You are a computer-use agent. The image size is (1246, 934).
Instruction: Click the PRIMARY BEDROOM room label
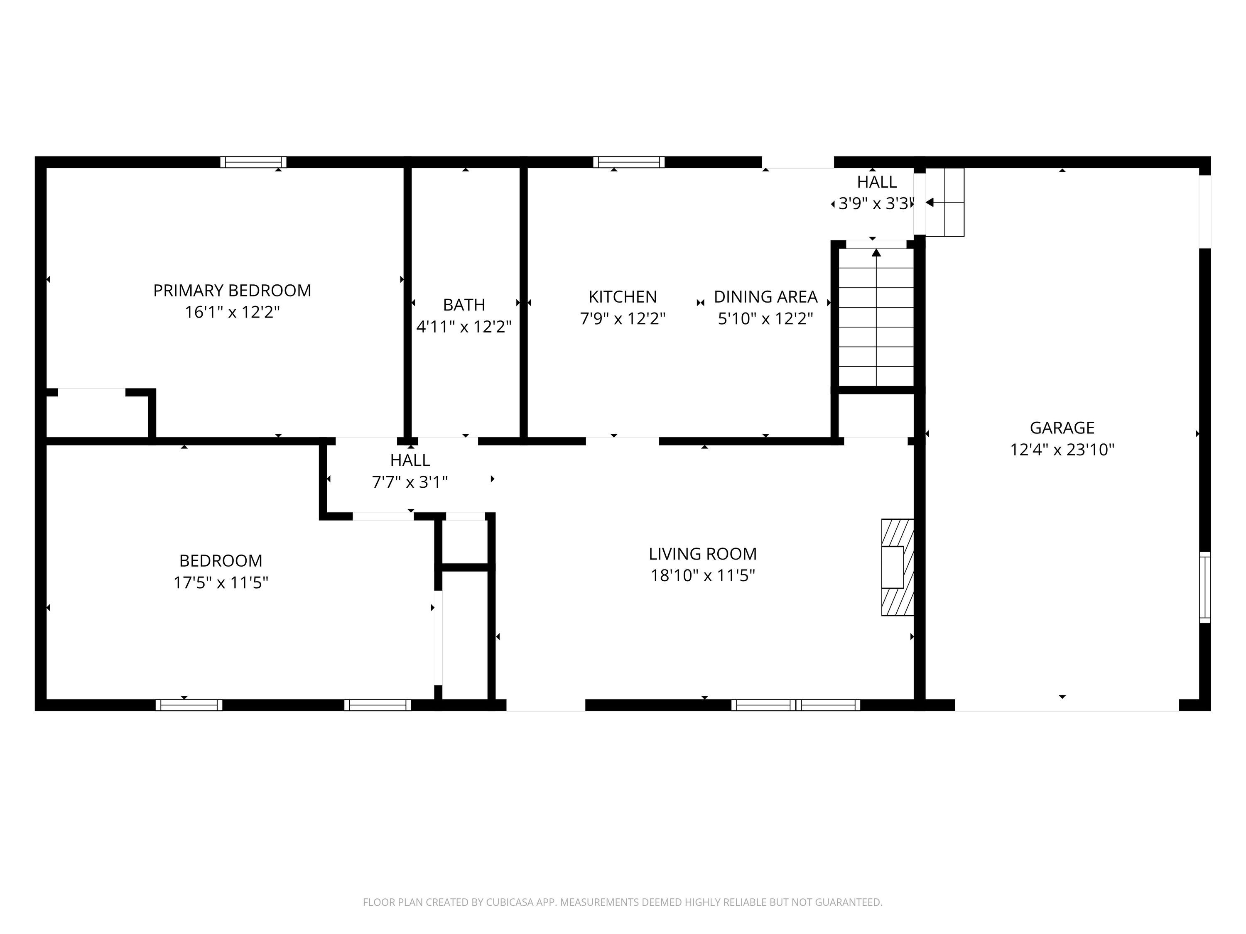(x=232, y=291)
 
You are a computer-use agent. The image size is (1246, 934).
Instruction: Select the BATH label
(x=464, y=305)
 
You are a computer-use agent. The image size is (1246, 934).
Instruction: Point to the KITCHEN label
(x=623, y=297)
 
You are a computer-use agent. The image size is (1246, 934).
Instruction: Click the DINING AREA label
(x=765, y=297)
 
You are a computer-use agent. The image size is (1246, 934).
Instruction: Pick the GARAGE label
(x=1062, y=428)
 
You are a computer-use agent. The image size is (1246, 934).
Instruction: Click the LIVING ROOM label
(x=702, y=554)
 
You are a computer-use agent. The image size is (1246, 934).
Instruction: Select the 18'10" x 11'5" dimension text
(x=702, y=575)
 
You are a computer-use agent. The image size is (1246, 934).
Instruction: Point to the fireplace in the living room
(x=897, y=567)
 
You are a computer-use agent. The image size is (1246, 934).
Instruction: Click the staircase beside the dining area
(x=876, y=316)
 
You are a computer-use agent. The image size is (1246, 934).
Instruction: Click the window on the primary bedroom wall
(x=253, y=162)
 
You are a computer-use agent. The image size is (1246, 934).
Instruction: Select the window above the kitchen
(x=629, y=162)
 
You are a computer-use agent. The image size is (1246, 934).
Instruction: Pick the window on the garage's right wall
(x=1205, y=587)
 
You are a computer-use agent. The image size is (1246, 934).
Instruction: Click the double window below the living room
(x=795, y=705)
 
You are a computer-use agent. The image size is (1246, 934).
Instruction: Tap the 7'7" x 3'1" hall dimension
(x=410, y=482)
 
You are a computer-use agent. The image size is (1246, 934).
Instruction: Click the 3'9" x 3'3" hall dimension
(x=875, y=203)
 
